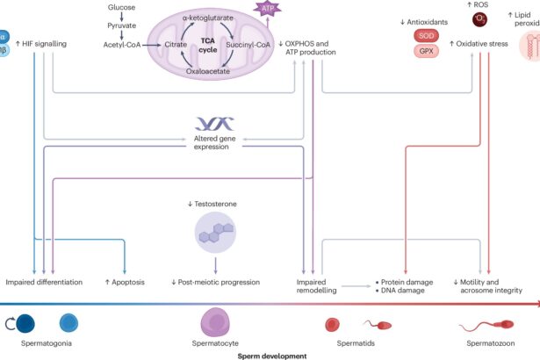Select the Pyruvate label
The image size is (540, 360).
coord(122,26)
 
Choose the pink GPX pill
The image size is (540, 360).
coord(427,52)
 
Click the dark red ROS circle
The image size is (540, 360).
coord(479,18)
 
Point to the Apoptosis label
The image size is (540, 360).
coord(125,283)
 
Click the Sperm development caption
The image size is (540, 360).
coord(270,356)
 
